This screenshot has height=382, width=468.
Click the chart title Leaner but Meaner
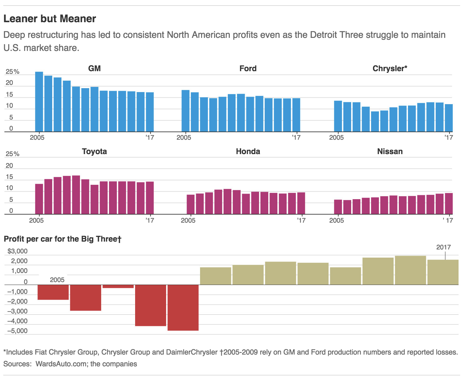pyautogui.click(x=50, y=19)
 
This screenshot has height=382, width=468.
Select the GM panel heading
pyautogui.click(x=94, y=69)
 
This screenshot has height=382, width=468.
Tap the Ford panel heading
pyautogui.click(x=248, y=69)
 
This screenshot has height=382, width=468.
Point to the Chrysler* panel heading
pyautogui.click(x=390, y=69)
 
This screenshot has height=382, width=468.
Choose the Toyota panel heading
pyautogui.click(x=94, y=151)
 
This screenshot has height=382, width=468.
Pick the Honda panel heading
pyautogui.click(x=248, y=151)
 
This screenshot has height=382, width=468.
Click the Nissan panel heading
pyautogui.click(x=390, y=151)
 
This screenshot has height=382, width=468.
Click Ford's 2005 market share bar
pyautogui.click(x=185, y=111)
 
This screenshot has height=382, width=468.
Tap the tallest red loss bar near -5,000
pyautogui.click(x=183, y=308)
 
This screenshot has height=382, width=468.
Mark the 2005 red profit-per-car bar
pyautogui.click(x=53, y=292)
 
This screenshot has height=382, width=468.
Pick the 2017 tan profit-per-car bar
pyautogui.click(x=443, y=272)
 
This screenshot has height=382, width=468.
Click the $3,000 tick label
pyautogui.click(x=18, y=251)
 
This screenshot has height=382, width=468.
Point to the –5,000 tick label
pyautogui.click(x=17, y=331)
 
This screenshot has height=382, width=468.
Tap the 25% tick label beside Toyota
pyautogui.click(x=12, y=154)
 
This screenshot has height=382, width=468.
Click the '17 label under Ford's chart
pyautogui.click(x=296, y=137)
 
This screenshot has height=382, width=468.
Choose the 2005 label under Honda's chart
pyautogui.click(x=188, y=220)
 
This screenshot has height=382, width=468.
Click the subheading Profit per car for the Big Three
pyautogui.click(x=62, y=239)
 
